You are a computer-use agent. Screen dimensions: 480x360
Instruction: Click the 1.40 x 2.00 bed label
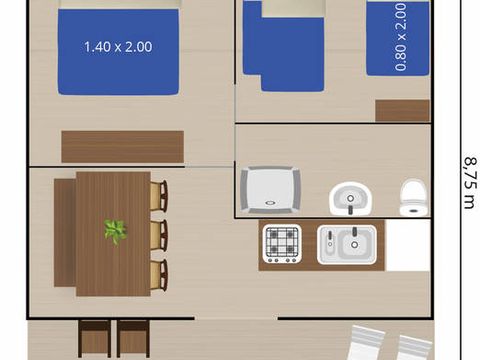coord(118,47)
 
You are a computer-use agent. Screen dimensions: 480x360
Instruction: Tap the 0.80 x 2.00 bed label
coord(401,37)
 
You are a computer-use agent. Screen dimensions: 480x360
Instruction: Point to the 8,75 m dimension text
coord(470,183)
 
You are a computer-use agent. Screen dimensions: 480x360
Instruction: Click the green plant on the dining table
coord(115,231)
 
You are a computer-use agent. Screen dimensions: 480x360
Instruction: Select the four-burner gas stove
coord(282,244)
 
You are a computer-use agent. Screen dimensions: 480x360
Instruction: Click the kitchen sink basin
coord(347,245)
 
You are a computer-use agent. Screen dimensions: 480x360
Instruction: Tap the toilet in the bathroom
coord(414,198)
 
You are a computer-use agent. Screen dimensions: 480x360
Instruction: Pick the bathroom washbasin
coord(350,198)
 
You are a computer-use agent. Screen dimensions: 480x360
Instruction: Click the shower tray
coord(270,189)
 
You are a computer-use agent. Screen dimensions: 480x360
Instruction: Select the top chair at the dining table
coord(159,196)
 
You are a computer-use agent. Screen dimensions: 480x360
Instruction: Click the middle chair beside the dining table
coord(159,235)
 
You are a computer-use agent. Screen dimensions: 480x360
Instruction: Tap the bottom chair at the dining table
coord(159,275)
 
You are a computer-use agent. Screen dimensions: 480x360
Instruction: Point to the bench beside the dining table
coord(65,233)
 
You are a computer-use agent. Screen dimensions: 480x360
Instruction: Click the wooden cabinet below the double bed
coord(123,147)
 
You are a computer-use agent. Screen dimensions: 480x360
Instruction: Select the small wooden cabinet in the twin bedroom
coord(402,110)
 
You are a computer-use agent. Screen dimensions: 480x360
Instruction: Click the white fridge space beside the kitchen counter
coord(407,245)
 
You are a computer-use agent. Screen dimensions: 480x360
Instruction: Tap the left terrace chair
coord(95,339)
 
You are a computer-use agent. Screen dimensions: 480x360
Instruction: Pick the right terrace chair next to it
coord(133,339)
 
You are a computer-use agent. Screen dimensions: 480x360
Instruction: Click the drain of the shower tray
coord(270,202)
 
